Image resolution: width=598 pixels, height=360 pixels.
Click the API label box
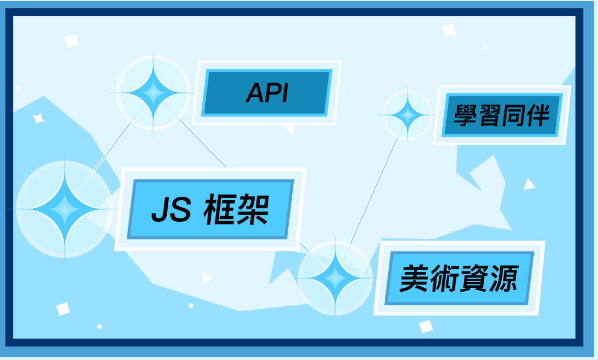coord(267,93)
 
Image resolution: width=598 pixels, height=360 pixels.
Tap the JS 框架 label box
coord(210,209)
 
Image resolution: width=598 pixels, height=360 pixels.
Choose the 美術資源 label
coord(459,278)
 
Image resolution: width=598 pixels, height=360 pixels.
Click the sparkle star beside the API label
coord(153,92)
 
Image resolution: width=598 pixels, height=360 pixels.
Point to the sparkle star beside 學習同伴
coord(408,115)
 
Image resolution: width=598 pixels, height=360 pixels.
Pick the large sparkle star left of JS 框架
coord(64,209)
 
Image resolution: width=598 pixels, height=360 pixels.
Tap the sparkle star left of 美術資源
coord(335,278)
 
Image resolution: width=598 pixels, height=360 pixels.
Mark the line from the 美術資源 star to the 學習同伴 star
coord(372,195)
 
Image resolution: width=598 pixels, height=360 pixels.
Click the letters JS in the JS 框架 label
coord(171,210)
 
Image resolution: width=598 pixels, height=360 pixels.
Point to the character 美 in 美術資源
coord(414,278)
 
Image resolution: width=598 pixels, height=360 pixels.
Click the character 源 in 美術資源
coord(504,278)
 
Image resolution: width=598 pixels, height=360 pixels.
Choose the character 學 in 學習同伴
coord(466,115)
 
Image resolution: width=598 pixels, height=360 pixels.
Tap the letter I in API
coord(284,93)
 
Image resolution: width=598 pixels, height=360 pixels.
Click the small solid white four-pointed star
coord(38,119)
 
